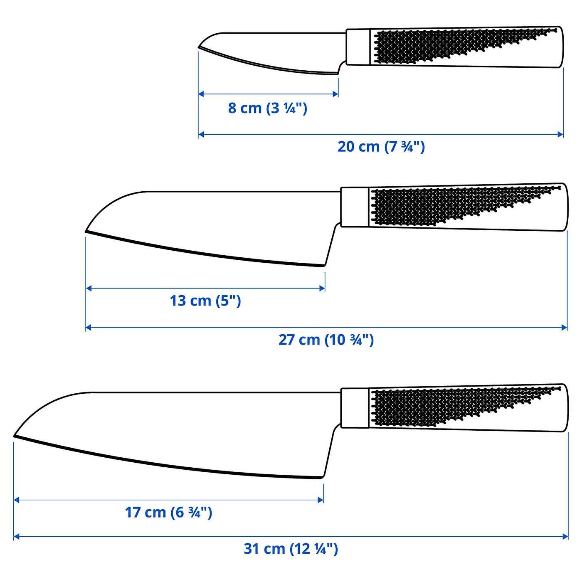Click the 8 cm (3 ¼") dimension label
(267, 108)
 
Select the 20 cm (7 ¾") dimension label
(381, 147)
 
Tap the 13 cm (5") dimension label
(205, 301)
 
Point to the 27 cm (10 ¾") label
(326, 340)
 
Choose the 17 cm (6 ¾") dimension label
(168, 512)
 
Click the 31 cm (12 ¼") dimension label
(291, 549)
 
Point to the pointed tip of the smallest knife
(199, 48)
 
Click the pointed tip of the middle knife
(86, 231)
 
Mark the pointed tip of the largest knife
(15, 436)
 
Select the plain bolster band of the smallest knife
(358, 47)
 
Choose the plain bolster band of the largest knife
(355, 407)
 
